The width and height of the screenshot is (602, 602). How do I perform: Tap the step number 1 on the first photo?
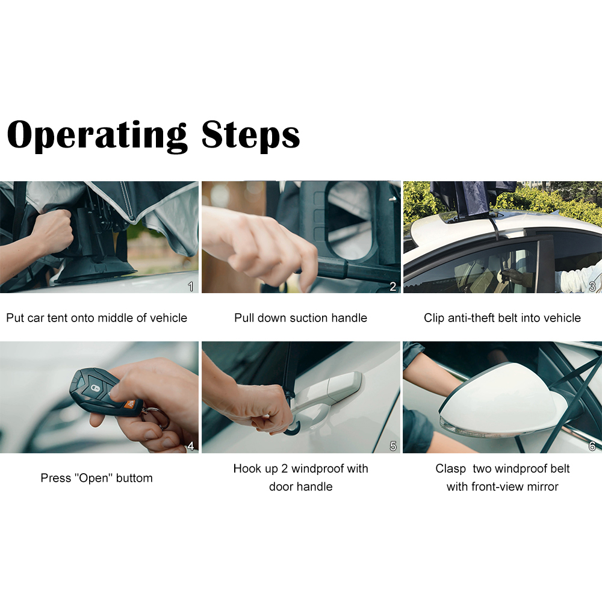[191, 287]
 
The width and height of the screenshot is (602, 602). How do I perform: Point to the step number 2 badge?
[393, 287]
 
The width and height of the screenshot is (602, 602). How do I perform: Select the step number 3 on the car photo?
[592, 287]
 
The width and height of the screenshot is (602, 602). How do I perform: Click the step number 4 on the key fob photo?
[191, 446]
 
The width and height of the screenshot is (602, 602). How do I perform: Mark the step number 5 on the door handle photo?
[393, 446]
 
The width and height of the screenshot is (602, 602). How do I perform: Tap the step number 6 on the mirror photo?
[592, 446]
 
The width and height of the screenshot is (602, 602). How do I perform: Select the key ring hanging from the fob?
[160, 418]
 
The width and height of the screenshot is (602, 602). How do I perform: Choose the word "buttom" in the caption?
[134, 478]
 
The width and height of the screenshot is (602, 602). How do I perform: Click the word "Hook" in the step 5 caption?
[246, 469]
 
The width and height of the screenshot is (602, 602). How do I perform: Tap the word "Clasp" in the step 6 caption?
[450, 469]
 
